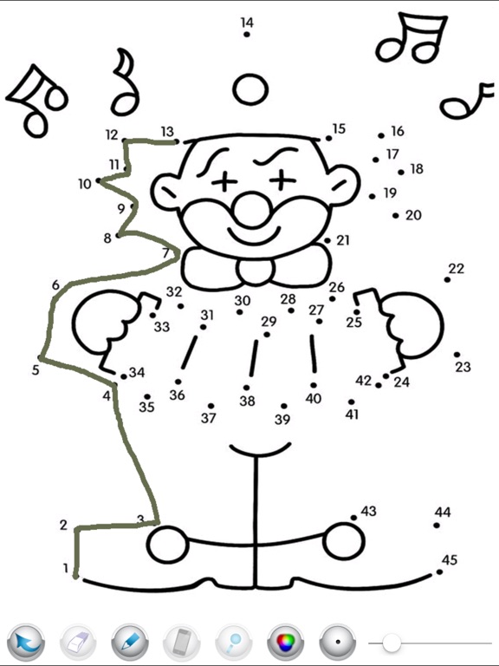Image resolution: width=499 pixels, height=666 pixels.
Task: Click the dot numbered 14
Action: coord(247,34)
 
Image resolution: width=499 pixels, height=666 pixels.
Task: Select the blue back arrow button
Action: coord(26,642)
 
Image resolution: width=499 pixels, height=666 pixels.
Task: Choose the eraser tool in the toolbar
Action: coord(78,642)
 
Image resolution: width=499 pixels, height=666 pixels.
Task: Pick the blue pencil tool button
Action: coord(130,642)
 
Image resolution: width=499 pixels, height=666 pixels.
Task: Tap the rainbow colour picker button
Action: coord(286,642)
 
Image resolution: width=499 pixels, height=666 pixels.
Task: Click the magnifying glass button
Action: coord(234,642)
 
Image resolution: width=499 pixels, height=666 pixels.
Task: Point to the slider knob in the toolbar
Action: coord(392,643)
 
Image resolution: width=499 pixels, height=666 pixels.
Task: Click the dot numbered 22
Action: coord(447,279)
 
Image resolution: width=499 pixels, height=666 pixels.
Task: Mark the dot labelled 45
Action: coord(439,572)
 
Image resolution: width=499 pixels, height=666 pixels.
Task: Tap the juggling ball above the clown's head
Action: coord(250,89)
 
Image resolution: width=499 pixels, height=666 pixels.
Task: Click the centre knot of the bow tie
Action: coord(255,271)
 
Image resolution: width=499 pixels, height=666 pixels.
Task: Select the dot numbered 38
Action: coord(247,388)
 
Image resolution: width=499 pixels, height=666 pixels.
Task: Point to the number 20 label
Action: coord(413,215)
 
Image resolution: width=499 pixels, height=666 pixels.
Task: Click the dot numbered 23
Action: coord(457,354)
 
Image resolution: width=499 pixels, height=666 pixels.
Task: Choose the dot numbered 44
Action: coord(437,525)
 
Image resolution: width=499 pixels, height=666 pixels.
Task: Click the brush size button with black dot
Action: coord(338,642)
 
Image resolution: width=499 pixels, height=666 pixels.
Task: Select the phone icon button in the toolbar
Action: coord(182,642)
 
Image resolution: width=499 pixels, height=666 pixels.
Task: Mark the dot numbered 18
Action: coord(401,172)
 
